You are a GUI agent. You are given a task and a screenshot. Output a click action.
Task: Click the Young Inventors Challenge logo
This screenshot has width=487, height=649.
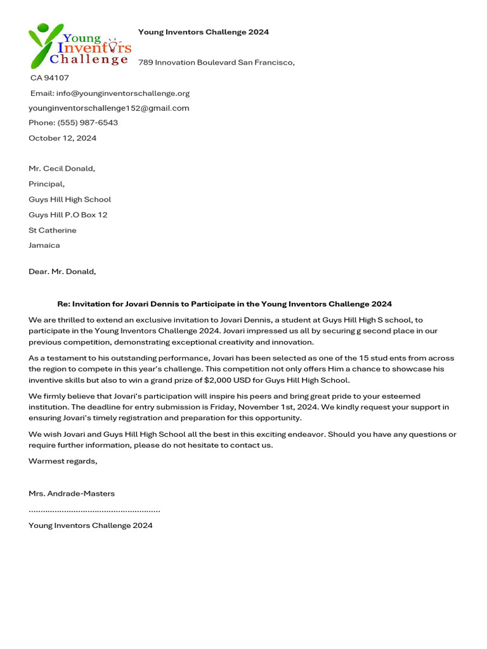tap(79, 46)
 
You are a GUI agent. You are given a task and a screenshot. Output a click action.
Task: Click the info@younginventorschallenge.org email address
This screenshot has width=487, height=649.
tap(123, 93)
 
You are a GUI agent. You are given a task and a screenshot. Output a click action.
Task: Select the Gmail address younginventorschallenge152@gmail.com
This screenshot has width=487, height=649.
tap(109, 108)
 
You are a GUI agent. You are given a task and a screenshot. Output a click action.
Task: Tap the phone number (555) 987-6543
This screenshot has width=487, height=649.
tap(88, 123)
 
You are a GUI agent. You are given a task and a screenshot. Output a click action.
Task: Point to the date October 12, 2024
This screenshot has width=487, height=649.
tap(63, 138)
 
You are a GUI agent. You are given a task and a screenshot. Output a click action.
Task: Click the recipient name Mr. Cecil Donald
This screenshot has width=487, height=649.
tap(62, 169)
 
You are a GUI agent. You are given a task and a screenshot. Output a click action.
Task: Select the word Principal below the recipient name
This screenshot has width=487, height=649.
tap(46, 184)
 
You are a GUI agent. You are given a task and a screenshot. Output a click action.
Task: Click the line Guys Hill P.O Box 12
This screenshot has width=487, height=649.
tap(68, 215)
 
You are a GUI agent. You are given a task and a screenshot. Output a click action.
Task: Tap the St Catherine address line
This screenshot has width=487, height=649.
tap(53, 230)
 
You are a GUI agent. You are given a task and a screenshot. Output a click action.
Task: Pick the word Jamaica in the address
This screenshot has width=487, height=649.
tap(44, 245)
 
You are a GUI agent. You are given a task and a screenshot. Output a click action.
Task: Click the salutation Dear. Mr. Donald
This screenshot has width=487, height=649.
tap(62, 271)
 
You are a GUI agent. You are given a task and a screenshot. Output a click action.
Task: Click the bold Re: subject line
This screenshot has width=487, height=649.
tap(224, 304)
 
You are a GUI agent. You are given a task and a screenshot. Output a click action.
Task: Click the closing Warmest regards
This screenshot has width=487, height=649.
tap(63, 461)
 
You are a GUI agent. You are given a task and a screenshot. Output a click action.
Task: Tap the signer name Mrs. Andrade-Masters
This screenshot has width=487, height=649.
tap(72, 493)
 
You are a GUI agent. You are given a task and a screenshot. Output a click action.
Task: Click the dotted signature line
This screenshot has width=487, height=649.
tap(94, 510)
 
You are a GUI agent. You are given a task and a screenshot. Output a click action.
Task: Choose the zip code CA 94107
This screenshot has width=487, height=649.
tap(50, 78)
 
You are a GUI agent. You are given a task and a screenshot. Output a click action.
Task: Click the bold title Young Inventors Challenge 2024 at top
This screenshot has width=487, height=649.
tap(204, 32)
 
